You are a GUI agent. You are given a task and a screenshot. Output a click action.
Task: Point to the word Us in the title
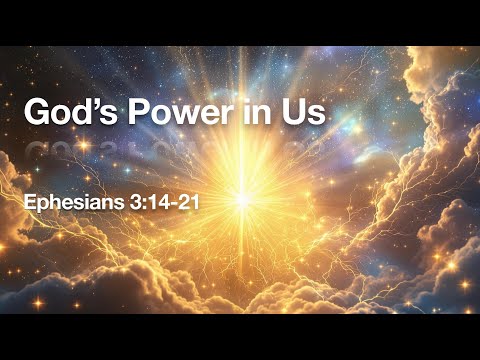point(306,112)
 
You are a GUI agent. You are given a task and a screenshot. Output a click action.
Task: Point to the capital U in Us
point(297,112)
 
